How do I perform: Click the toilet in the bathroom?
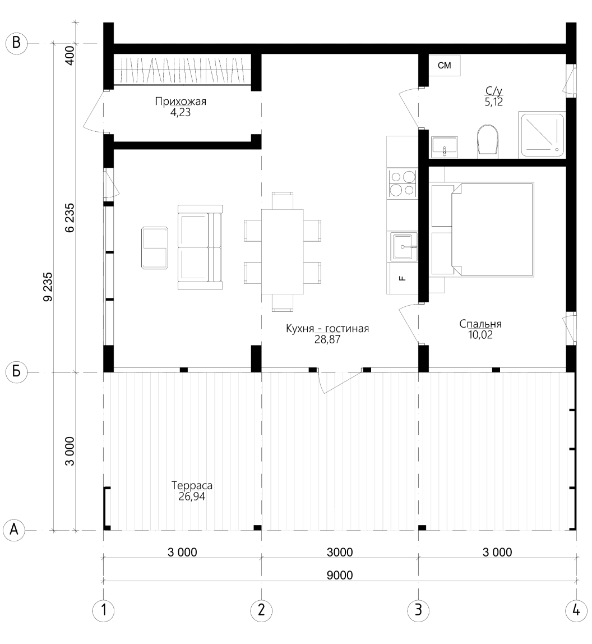488,140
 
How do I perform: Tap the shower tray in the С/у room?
542,134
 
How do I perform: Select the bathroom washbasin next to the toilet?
444,147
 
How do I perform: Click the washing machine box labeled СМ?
444,65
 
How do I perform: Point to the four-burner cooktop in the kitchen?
403,183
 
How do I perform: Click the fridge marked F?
403,278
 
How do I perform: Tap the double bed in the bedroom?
483,229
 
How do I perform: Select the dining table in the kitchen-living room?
283,252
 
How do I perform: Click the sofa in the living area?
200,247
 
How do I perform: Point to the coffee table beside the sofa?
155,247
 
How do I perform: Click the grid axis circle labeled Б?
16,372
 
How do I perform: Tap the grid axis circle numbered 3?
418,610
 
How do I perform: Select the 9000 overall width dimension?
340,575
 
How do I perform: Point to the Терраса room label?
192,485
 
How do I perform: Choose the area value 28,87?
327,339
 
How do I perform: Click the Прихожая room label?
181,101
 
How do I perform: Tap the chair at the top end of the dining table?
283,200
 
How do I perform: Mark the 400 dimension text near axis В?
70,55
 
